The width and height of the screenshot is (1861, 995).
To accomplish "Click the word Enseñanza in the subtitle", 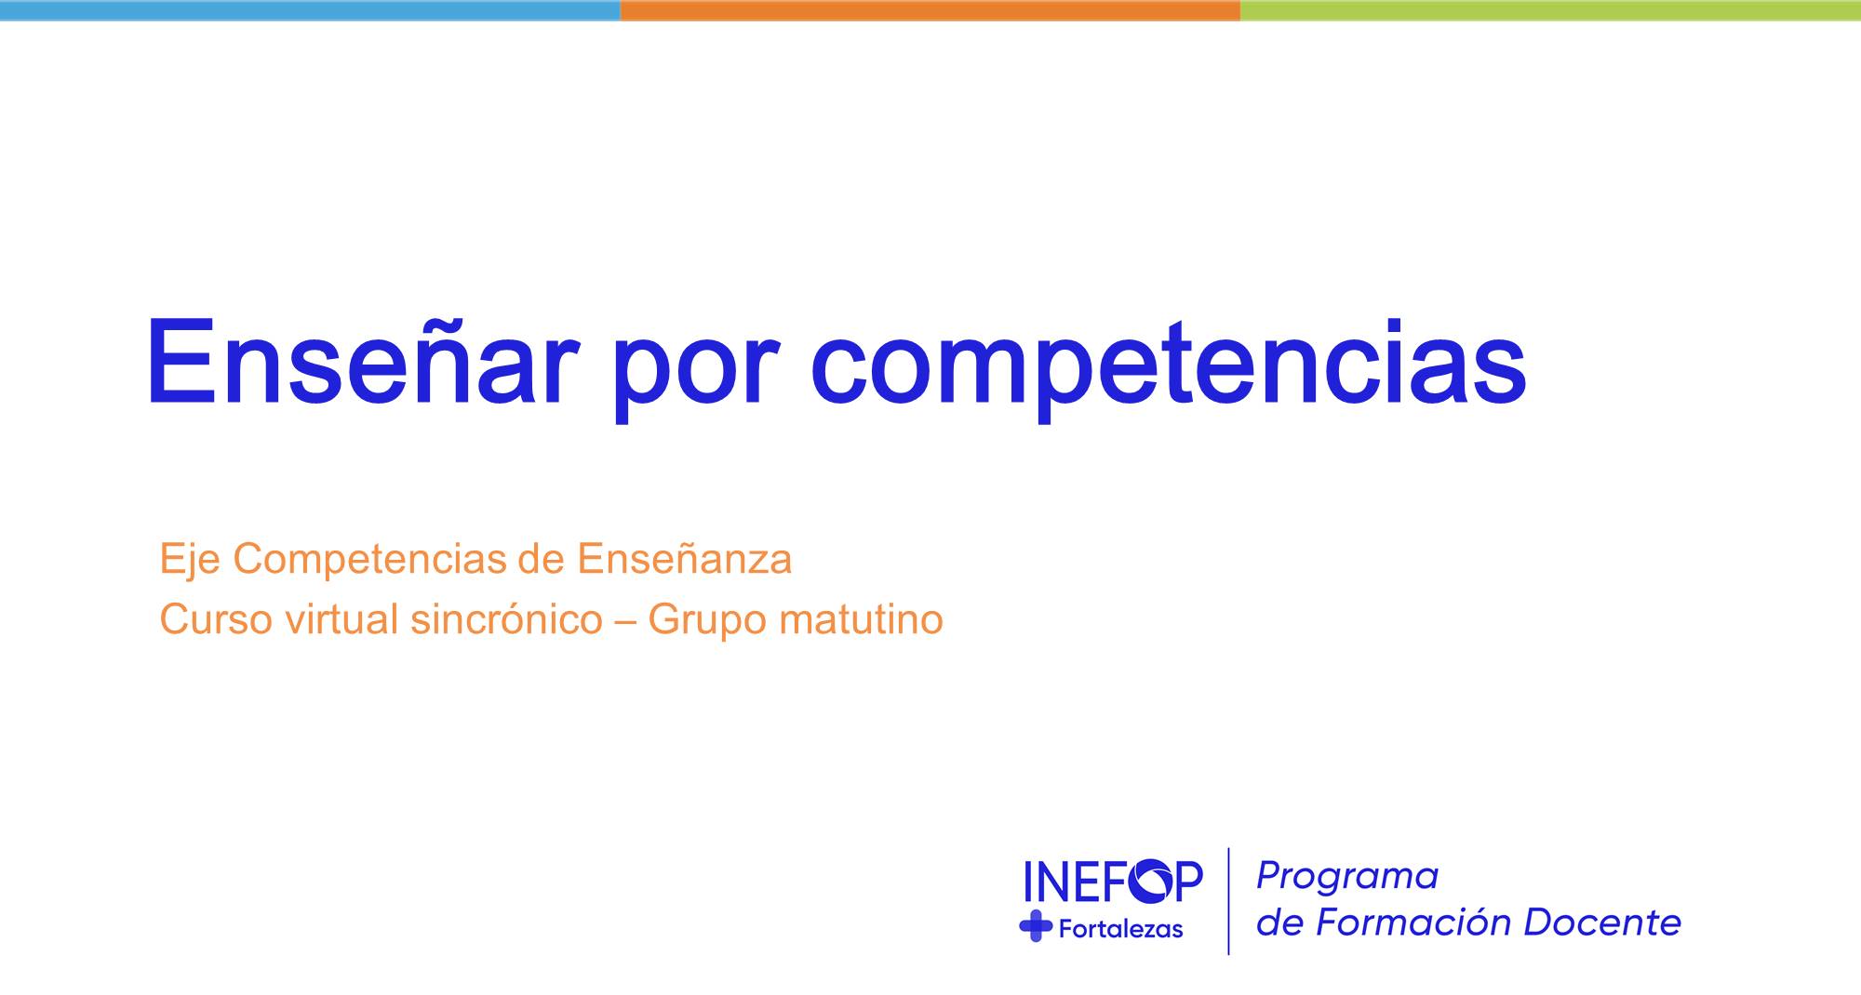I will pos(684,558).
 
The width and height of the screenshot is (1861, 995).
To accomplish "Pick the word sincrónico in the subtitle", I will pos(506,619).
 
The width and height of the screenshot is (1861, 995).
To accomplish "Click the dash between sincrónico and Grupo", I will pos(625,620).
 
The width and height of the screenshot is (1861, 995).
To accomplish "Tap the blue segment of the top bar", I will pos(310,10).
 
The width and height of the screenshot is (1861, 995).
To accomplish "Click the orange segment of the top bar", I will pos(930,10).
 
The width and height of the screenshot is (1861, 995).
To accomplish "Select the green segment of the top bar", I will pos(1550,10).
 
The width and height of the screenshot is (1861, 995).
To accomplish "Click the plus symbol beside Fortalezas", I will pos(1036,926).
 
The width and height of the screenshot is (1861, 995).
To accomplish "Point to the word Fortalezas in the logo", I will pos(1121,928).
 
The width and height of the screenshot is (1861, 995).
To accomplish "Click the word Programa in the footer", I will pos(1347,876).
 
